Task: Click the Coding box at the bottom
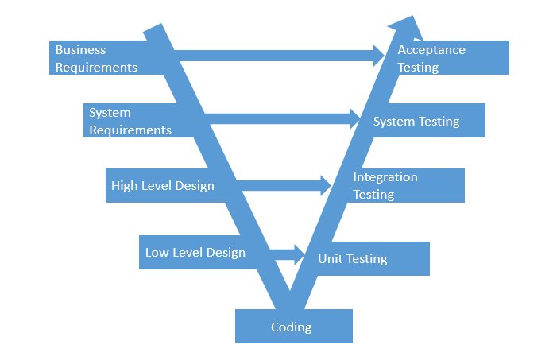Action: click(292, 327)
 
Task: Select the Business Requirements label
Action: click(96, 59)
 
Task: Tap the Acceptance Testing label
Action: click(431, 59)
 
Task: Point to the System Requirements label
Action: click(130, 122)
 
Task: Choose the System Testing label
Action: click(416, 122)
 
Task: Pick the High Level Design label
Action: click(163, 186)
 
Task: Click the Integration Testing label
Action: click(385, 186)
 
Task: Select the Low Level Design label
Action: click(195, 253)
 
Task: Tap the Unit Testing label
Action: click(353, 259)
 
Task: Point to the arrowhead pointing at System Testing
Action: click(355, 119)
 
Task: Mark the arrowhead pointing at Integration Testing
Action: click(325, 186)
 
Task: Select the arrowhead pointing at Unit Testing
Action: click(300, 254)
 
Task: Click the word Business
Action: click(80, 50)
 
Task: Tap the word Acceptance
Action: click(431, 50)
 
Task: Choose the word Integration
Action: click(385, 177)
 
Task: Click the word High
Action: click(125, 186)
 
